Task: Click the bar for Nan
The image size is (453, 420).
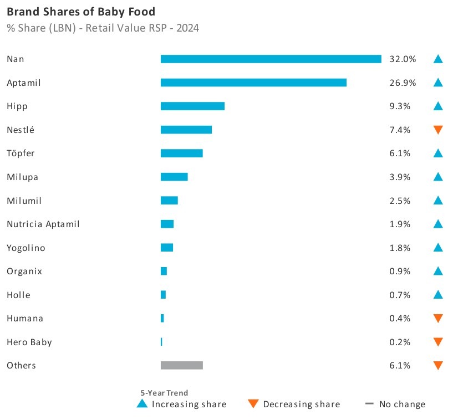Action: point(271,59)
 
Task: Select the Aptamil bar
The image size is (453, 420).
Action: point(253,83)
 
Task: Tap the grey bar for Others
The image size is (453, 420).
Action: point(181,365)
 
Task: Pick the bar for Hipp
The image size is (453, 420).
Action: point(192,106)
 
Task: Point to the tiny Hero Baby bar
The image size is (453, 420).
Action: point(161,342)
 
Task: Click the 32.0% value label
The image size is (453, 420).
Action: point(403,59)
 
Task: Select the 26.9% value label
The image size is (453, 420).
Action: point(403,83)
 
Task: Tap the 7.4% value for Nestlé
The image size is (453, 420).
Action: point(400,130)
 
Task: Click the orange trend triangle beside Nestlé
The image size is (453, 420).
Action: point(438,130)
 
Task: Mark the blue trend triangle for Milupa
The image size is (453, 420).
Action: point(438,177)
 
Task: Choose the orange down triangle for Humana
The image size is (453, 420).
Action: point(438,318)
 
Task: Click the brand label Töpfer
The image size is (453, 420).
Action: point(21,153)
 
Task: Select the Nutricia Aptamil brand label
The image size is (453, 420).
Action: point(43,224)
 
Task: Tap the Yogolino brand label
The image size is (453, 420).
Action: point(26,248)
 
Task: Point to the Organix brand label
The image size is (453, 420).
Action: point(24,271)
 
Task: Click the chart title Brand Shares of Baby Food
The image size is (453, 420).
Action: point(81,11)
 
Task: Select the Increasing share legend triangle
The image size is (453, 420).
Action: point(142,404)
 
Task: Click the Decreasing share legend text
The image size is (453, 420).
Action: point(302,404)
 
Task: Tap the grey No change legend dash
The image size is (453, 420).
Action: point(369,404)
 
